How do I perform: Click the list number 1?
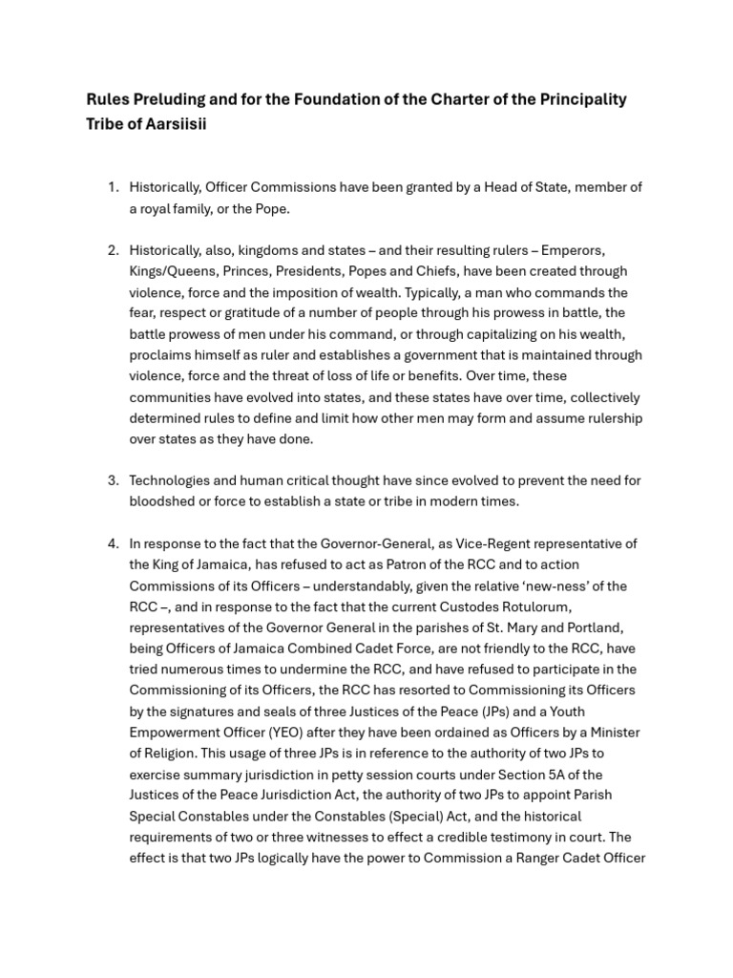tap(113, 188)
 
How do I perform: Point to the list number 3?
tap(113, 480)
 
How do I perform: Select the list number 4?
tap(113, 543)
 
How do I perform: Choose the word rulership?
tap(611, 418)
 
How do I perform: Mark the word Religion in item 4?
tap(172, 754)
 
